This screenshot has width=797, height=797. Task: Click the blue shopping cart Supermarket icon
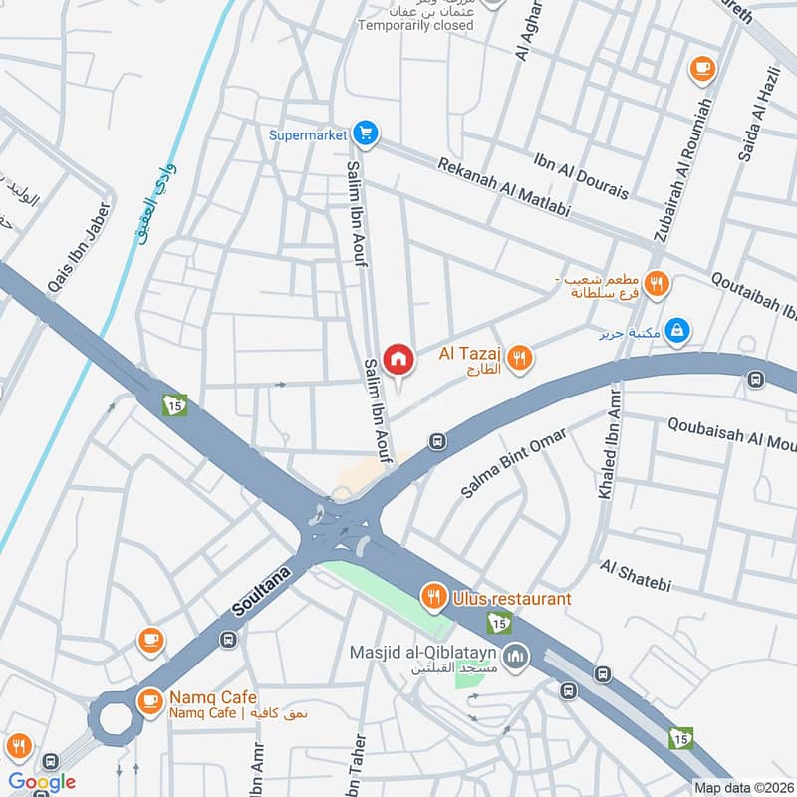tap(367, 133)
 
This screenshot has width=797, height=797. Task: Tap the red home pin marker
tap(398, 359)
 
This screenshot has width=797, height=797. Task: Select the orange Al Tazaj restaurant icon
tap(519, 358)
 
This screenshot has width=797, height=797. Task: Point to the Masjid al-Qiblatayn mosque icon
tap(515, 655)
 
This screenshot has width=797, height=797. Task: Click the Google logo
tap(41, 782)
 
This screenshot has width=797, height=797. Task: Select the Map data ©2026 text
tap(742, 787)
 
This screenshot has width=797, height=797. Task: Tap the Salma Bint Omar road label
tap(513, 463)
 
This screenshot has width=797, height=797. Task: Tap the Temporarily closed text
tap(415, 25)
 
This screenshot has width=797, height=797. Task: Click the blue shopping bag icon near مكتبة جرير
tap(676, 329)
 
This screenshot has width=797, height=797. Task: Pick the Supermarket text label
tap(307, 133)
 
